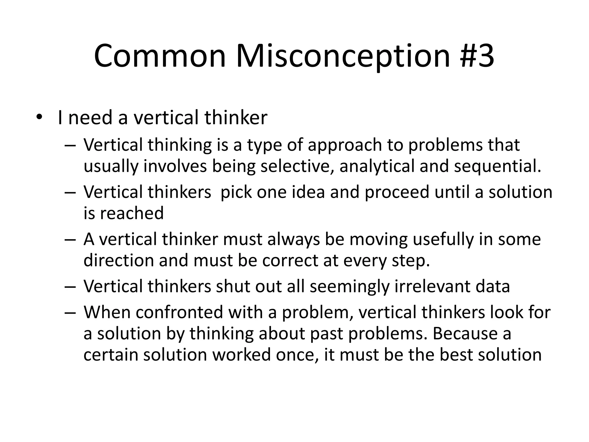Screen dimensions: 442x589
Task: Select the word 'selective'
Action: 297,167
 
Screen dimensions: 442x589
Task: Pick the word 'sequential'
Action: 497,167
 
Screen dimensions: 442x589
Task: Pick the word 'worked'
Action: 242,355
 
